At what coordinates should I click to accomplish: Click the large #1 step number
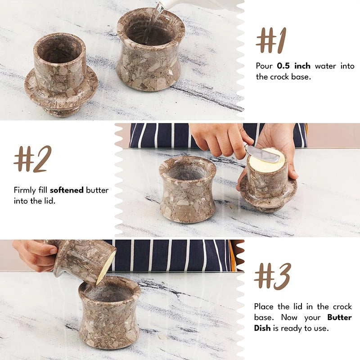pos(271,40)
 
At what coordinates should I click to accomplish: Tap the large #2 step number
pos(32,159)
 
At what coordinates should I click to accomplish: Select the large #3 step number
pos(273,276)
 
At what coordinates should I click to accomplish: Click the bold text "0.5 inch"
pos(294,66)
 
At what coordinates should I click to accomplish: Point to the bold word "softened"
pos(67,190)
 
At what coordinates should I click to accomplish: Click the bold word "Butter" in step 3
pos(340,317)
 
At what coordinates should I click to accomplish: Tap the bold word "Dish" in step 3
pos(262,328)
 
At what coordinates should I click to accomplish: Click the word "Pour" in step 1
pos(264,66)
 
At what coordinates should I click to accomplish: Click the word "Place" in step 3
pos(264,306)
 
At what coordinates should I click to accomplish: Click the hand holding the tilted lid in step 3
pos(35,255)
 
